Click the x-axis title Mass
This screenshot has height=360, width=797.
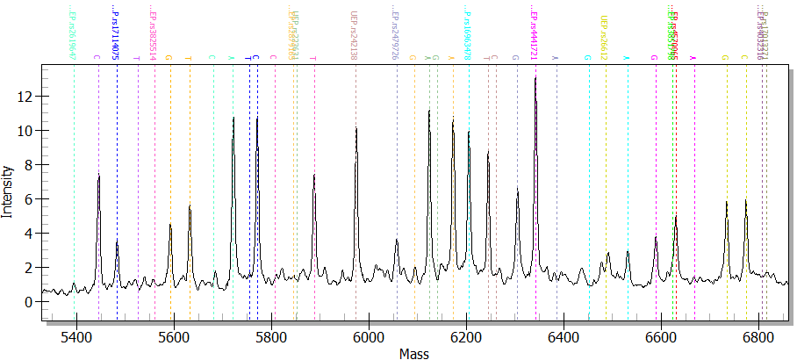413,353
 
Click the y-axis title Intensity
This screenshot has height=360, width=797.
8,191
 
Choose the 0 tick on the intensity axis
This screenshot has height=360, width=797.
28,301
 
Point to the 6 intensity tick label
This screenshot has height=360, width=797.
28,198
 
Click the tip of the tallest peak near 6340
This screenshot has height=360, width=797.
535,77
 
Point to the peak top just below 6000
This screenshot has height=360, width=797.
356,128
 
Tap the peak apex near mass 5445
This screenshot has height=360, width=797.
99,176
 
